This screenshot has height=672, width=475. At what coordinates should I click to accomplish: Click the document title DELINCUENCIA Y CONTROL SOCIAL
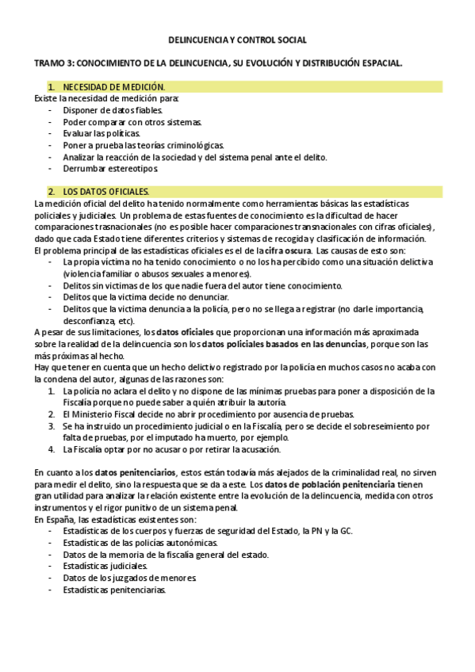(x=238, y=40)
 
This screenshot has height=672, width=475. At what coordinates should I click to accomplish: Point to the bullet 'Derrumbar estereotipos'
(x=111, y=169)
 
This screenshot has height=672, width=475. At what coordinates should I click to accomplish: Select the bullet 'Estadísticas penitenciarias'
(x=115, y=590)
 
